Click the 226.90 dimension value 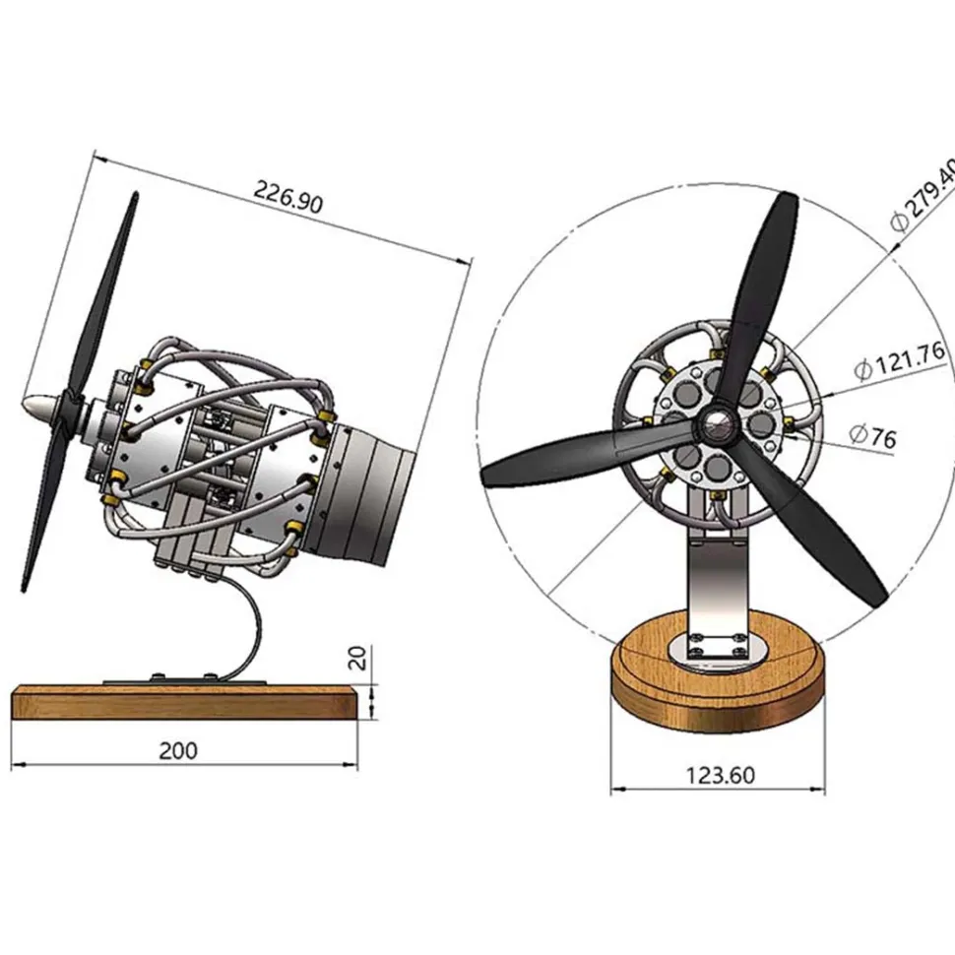pyautogui.click(x=287, y=196)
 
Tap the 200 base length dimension pyautogui.click(x=178, y=750)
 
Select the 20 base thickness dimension pyautogui.click(x=357, y=658)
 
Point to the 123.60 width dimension pyautogui.click(x=721, y=776)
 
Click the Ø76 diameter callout pyautogui.click(x=872, y=436)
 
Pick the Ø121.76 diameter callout pyautogui.click(x=900, y=361)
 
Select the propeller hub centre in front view pyautogui.click(x=718, y=425)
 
